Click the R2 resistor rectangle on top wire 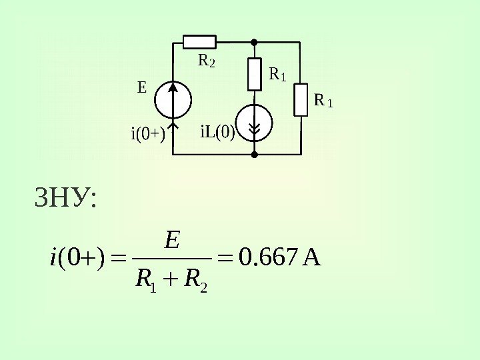[x=199, y=41]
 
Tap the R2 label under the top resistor [x=207, y=62]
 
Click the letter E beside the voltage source [x=141, y=87]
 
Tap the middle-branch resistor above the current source [x=254, y=74]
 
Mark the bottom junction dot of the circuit [x=254, y=155]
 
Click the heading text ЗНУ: [x=65, y=198]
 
